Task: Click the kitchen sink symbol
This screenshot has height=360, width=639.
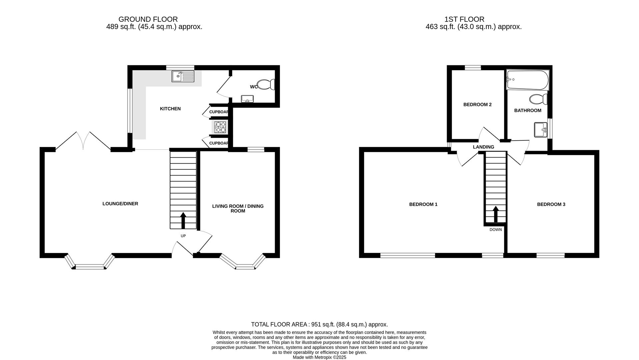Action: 183,76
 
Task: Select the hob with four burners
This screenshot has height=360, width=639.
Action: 220,127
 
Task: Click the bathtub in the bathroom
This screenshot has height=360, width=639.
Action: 527,80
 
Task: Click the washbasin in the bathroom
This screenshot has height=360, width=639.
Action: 540,130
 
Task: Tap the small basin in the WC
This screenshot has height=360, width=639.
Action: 247,99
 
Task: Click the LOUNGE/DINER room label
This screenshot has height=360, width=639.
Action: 120,204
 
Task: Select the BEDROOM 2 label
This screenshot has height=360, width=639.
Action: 477,105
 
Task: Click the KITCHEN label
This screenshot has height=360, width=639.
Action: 170,109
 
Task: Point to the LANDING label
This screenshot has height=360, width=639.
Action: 483,147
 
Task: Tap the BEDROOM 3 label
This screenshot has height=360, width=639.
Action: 551,204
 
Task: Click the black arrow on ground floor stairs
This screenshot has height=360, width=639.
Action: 183,220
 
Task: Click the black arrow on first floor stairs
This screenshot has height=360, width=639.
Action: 495,214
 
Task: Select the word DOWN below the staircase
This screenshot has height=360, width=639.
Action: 495,230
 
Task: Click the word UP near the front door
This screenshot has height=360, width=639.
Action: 183,236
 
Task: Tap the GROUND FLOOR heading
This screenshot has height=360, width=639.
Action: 148,19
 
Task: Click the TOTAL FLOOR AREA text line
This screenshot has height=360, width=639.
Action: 319,324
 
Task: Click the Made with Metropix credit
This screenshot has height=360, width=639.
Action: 319,357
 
